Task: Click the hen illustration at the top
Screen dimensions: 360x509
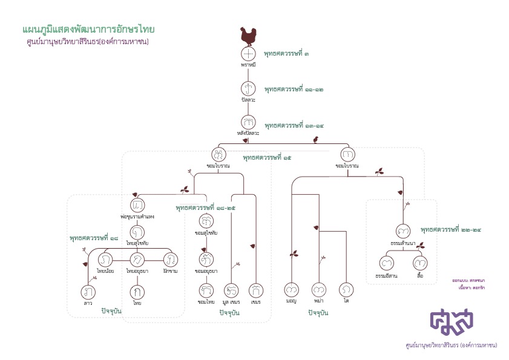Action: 249,36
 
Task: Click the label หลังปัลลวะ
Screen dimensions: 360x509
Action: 249,133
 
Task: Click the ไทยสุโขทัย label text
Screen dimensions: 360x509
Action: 138,243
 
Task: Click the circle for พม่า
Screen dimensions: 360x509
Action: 320,290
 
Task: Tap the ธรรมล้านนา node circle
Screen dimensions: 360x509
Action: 402,232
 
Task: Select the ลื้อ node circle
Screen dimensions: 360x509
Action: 420,264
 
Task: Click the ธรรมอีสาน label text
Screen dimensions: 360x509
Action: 386,275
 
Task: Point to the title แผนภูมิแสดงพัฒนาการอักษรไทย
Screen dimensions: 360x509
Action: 88,29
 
